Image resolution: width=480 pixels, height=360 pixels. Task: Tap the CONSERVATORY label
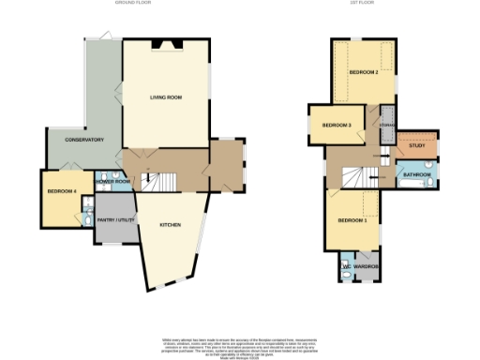tap(83, 140)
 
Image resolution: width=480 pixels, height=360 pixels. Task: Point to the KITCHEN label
tap(170, 225)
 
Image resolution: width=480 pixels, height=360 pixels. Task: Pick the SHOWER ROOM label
tap(114, 181)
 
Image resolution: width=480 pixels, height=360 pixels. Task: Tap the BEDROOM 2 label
tap(364, 71)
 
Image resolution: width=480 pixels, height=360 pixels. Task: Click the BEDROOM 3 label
tap(336, 125)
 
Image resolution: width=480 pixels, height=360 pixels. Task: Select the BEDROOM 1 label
tap(352, 219)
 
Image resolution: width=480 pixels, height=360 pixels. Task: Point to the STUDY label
tap(416, 146)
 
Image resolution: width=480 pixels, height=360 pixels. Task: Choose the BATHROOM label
tap(417, 175)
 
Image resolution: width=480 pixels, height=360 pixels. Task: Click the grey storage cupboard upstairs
tap(386, 123)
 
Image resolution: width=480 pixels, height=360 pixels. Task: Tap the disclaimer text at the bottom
tap(239, 345)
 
